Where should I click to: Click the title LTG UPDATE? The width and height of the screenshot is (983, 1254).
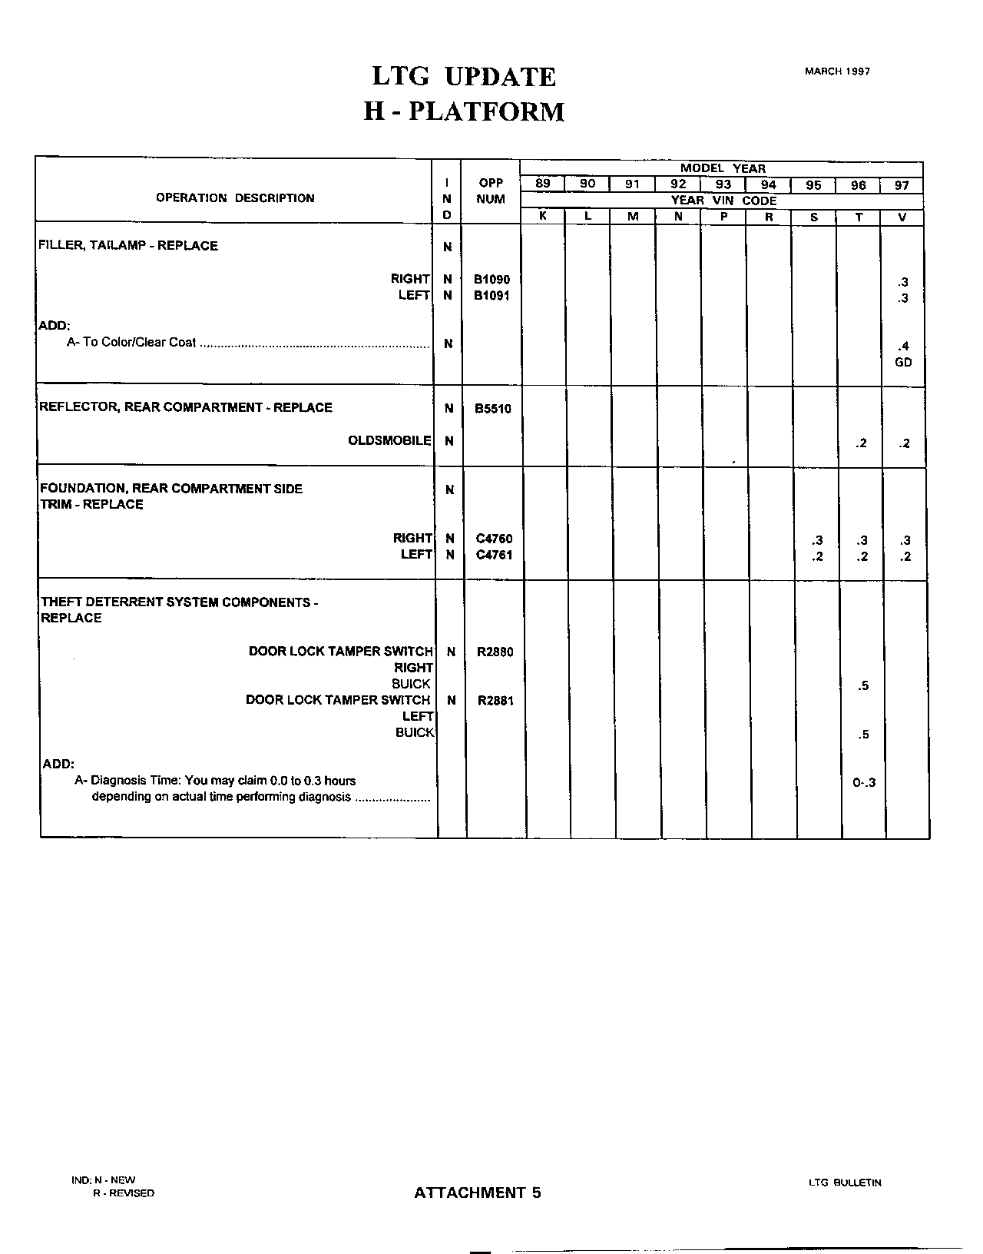click(x=463, y=77)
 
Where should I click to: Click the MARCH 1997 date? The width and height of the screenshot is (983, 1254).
click(x=837, y=71)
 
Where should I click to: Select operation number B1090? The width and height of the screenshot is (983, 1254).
click(x=491, y=280)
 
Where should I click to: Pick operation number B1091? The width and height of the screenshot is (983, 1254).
click(x=491, y=296)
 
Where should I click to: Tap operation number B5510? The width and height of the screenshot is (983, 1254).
click(x=492, y=409)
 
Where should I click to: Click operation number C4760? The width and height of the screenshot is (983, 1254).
click(x=494, y=539)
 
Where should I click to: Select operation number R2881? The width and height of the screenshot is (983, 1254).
click(x=495, y=701)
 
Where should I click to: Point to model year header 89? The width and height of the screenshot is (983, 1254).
click(x=542, y=184)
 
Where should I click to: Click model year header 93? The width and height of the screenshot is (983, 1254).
click(x=723, y=184)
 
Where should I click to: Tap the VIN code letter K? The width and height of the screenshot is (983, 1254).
click(x=542, y=217)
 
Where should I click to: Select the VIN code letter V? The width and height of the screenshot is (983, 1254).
click(x=902, y=217)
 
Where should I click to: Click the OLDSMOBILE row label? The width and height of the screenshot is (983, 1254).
click(x=389, y=441)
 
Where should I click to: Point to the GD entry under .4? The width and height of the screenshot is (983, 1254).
click(x=903, y=362)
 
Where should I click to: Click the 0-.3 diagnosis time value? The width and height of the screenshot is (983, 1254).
click(x=864, y=783)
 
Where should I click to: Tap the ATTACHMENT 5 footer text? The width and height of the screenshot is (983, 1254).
click(x=478, y=1193)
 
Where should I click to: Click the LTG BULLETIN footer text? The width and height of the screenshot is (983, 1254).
click(x=845, y=1183)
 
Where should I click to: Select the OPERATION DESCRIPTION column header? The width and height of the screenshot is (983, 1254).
click(x=235, y=198)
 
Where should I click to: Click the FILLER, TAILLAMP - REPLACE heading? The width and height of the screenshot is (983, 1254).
click(x=128, y=246)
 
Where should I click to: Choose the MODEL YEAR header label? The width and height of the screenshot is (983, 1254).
click(x=722, y=168)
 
